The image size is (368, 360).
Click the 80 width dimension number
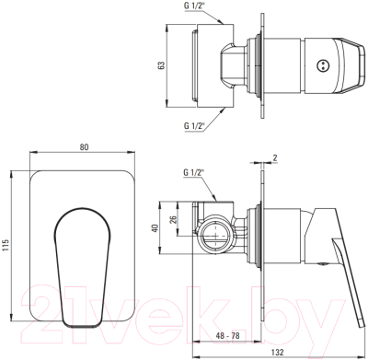coord(84,147)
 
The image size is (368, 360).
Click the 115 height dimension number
coord(6,245)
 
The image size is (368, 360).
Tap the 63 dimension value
coord(161,65)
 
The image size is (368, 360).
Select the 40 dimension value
coord(155,228)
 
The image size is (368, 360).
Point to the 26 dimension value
coord(173,219)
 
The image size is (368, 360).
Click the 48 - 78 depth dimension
coord(227,336)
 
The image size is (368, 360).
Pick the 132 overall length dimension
coord(278,352)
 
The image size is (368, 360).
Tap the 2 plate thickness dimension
coord(275,158)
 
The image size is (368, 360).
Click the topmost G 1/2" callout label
coord(194,6)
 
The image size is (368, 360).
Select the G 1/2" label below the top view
coord(194,125)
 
